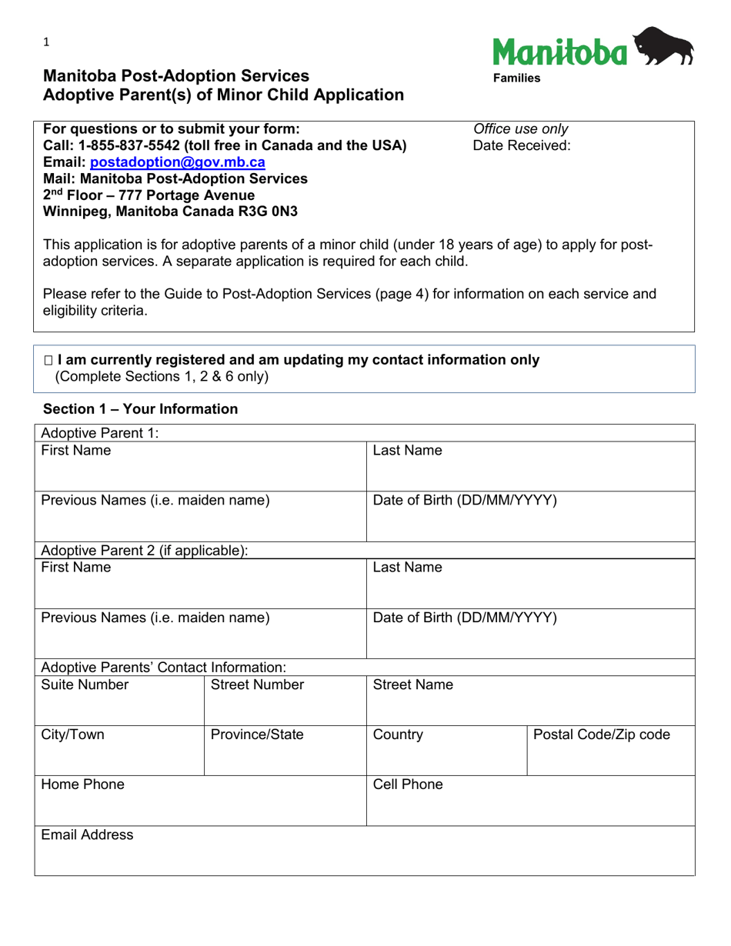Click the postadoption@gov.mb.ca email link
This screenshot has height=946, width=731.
(x=178, y=162)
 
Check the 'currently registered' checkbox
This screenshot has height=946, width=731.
(x=49, y=360)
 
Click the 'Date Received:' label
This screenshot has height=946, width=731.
(x=522, y=145)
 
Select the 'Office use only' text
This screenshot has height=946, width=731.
(x=521, y=129)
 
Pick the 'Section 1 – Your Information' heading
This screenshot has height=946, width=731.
(x=141, y=409)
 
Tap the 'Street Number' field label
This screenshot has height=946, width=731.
(x=258, y=685)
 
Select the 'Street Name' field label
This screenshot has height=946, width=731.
(x=412, y=685)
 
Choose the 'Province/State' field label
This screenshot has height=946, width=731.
(x=257, y=734)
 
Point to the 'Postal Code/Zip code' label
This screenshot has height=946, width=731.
(x=601, y=734)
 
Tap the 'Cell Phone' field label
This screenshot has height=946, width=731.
(x=408, y=784)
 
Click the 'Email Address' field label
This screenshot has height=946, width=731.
(x=87, y=834)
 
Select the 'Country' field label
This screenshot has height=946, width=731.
(x=398, y=734)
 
